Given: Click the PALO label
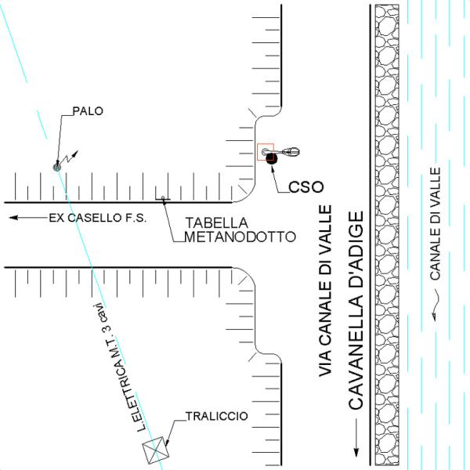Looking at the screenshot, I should point(87,110).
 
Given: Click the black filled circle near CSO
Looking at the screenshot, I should point(272,159).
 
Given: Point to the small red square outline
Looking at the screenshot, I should point(266,151).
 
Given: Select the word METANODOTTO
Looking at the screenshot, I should point(239,235).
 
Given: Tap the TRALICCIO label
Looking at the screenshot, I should point(216,416).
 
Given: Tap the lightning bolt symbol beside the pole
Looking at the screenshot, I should point(71,157).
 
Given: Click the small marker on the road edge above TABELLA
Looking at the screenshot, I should point(163,198).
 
